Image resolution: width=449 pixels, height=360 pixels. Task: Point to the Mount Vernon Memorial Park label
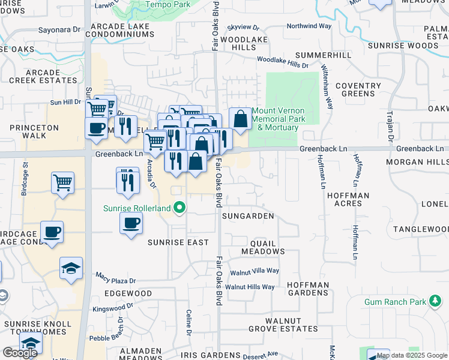[278, 119]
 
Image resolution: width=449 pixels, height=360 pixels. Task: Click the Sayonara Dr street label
[59, 29]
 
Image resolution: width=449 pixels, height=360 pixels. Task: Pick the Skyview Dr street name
[244, 28]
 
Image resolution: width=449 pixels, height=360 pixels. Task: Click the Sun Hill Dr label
[65, 103]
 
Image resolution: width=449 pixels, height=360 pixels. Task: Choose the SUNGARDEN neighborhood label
[248, 215]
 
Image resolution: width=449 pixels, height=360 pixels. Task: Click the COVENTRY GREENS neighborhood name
[358, 89]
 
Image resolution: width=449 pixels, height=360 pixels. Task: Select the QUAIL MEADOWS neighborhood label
[259, 247]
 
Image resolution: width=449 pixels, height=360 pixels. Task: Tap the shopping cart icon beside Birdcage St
[63, 182]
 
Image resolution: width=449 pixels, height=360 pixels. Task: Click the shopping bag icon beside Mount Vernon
[240, 118]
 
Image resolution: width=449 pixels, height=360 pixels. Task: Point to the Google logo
[20, 353]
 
